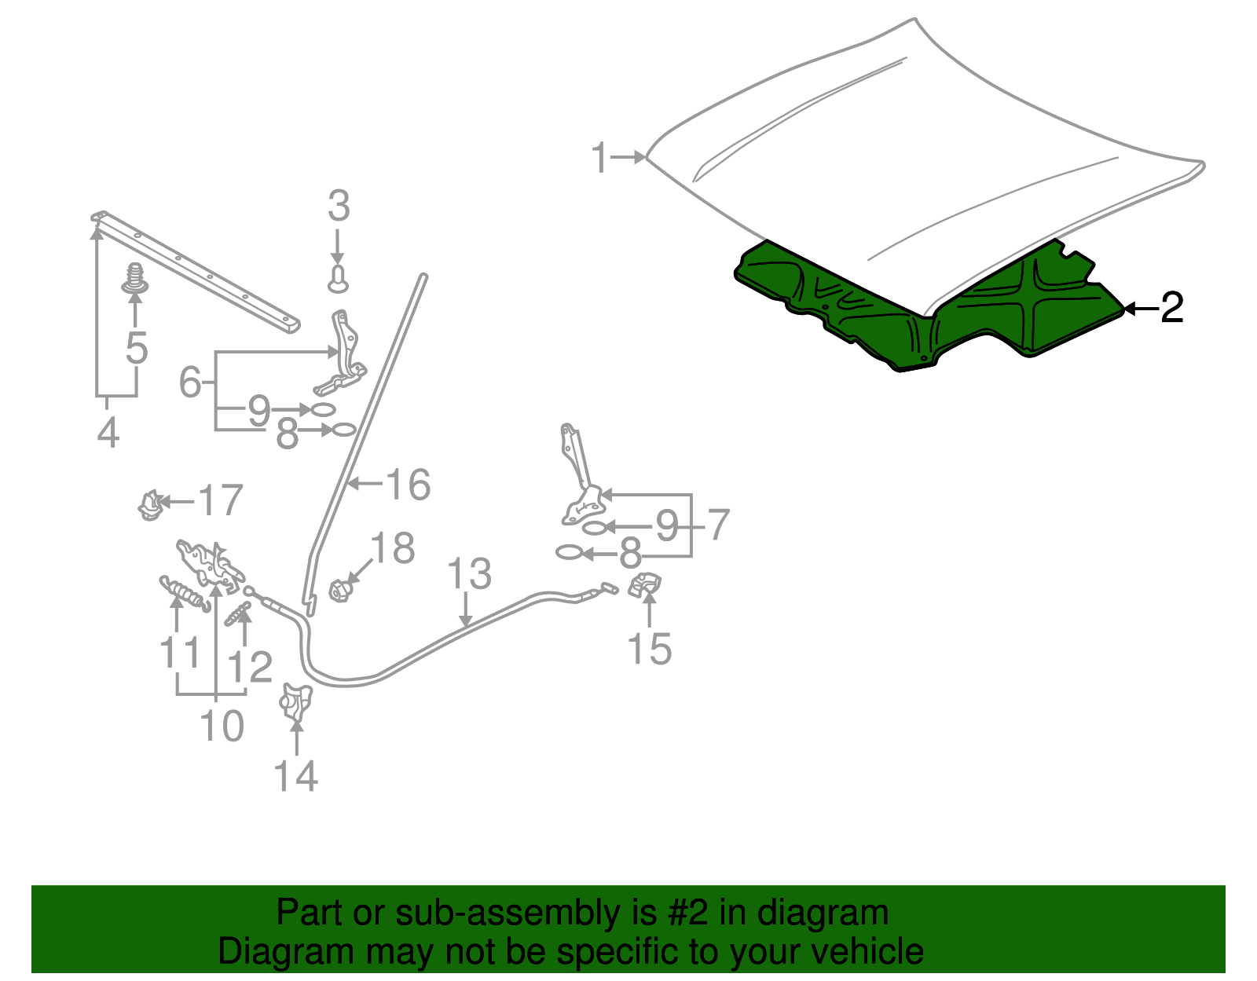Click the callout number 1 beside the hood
click(599, 159)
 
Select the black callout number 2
click(1171, 308)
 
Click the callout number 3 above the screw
click(338, 207)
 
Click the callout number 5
click(137, 348)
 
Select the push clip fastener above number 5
click(136, 279)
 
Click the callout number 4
click(108, 433)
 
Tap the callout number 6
click(190, 383)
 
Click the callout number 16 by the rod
click(408, 485)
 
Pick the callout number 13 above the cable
click(469, 574)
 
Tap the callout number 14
click(295, 776)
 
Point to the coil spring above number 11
click(185, 592)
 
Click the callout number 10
click(222, 726)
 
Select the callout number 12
click(249, 668)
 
